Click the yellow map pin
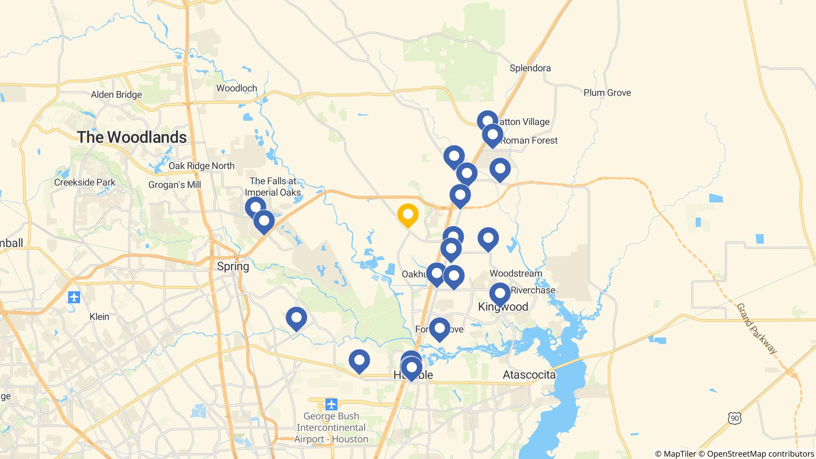[x=408, y=215]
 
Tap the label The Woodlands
[x=132, y=137]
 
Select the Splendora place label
[x=530, y=68]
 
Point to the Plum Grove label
[x=607, y=93]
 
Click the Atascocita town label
[x=529, y=375]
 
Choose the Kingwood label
[x=503, y=307]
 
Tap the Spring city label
[x=233, y=266]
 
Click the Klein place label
[x=99, y=317]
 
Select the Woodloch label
[x=236, y=88]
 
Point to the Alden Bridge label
[x=116, y=95]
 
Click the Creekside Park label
[x=84, y=182]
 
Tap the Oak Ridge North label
[x=201, y=166]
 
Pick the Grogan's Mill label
[x=175, y=185]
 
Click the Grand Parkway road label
[x=756, y=329]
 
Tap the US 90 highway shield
[x=734, y=418]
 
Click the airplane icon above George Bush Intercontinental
[x=331, y=404]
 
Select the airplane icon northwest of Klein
[x=74, y=297]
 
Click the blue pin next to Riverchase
[x=500, y=293]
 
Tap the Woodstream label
[x=516, y=273]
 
